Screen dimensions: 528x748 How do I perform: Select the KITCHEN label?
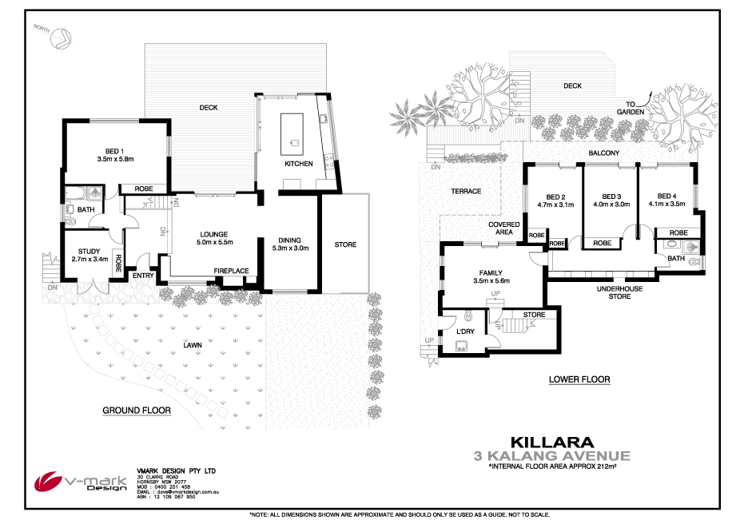(x=298, y=164)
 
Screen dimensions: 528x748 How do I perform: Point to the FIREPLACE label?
(x=231, y=271)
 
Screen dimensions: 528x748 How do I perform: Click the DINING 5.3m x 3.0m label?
(x=288, y=244)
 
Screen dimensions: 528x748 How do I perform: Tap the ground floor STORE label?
(x=345, y=244)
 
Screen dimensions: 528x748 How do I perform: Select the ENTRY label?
(x=143, y=276)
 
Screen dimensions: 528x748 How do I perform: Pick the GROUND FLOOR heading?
(x=137, y=411)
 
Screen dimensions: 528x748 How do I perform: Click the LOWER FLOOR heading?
(x=579, y=379)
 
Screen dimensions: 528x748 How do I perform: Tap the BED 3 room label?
(x=611, y=200)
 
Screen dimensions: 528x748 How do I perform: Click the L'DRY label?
(x=466, y=331)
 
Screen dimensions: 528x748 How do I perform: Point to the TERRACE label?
(x=466, y=192)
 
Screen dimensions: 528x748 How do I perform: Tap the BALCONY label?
(x=604, y=153)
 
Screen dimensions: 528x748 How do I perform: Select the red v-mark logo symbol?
(x=47, y=482)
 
